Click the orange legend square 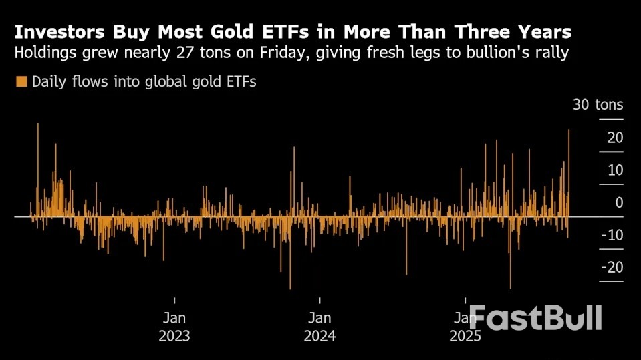21,82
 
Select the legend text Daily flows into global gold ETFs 144,82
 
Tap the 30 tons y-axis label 598,105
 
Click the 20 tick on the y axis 615,138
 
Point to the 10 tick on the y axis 615,170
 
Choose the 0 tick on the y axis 619,202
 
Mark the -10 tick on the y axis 612,235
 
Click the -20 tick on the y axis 612,267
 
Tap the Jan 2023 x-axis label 174,326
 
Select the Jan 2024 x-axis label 319,326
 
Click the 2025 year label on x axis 465,336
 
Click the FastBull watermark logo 535,317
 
